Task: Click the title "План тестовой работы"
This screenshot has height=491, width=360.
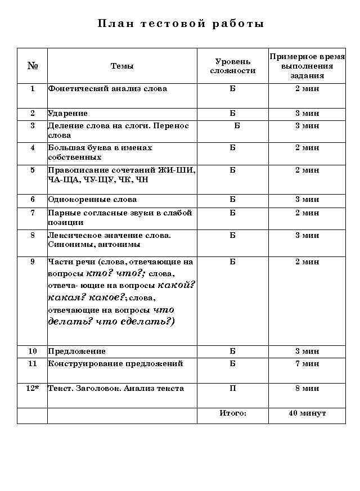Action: pyautogui.click(x=181, y=24)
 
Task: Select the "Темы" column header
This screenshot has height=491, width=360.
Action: pyautogui.click(x=122, y=66)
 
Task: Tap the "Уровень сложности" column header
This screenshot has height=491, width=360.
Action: pyautogui.click(x=233, y=66)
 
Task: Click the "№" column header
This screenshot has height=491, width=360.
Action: pyautogui.click(x=33, y=66)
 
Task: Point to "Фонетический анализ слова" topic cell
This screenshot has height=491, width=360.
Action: pyautogui.click(x=107, y=88)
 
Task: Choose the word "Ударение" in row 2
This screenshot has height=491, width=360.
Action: pyautogui.click(x=67, y=113)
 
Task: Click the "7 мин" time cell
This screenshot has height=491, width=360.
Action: pyautogui.click(x=307, y=363)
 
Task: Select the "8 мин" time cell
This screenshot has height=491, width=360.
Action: pyautogui.click(x=307, y=388)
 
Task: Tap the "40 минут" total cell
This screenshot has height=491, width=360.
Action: pyautogui.click(x=307, y=413)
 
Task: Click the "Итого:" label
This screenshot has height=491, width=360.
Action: pyautogui.click(x=233, y=413)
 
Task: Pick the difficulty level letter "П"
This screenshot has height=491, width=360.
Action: pyautogui.click(x=233, y=388)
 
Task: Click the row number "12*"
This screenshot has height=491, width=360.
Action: pyautogui.click(x=33, y=388)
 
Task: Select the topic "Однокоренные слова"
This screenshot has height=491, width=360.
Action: pyautogui.click(x=92, y=199)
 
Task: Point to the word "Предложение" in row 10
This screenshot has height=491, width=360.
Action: pyautogui.click(x=76, y=351)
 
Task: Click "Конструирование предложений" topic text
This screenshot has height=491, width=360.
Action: pyautogui.click(x=115, y=363)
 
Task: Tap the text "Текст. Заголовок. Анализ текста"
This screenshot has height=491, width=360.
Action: pyautogui.click(x=116, y=388)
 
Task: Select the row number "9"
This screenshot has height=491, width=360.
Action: pyautogui.click(x=33, y=262)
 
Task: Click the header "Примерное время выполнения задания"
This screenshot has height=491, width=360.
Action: pyautogui.click(x=307, y=66)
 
